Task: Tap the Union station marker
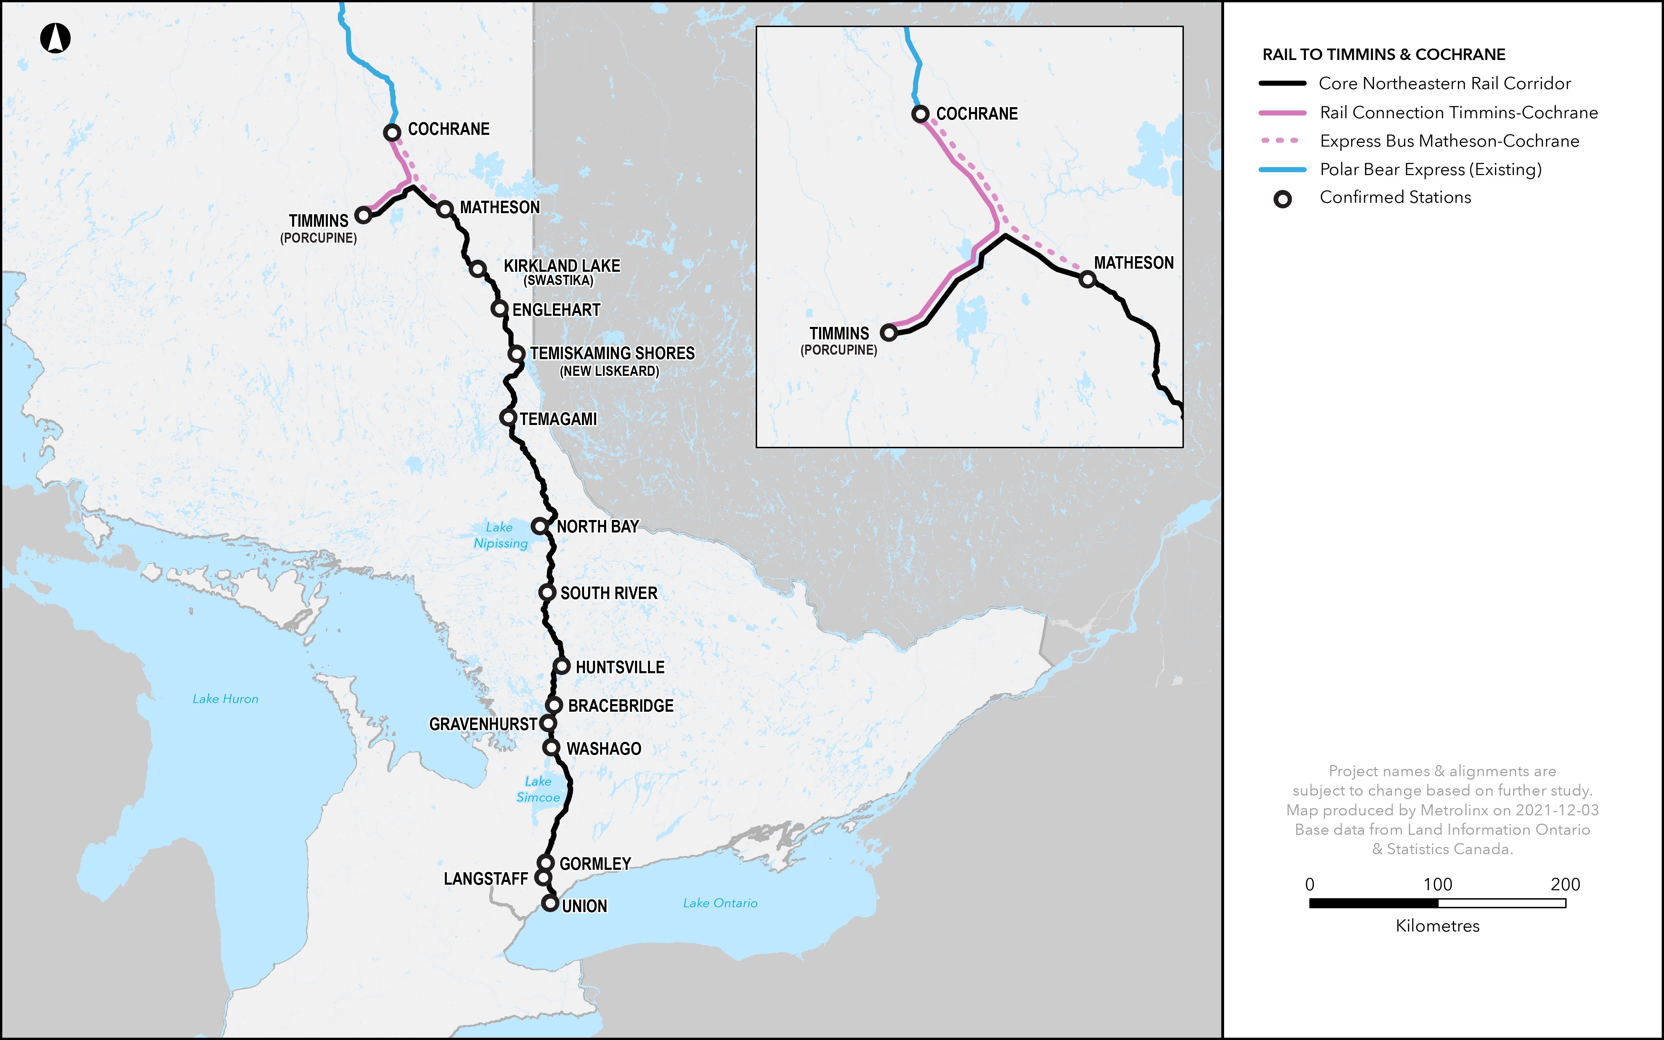tap(549, 903)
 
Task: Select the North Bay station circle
tap(540, 526)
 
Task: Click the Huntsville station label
tap(619, 667)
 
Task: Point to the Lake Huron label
tap(226, 699)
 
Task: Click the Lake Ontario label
tap(720, 903)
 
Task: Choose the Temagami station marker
tap(508, 417)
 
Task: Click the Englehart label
tap(556, 310)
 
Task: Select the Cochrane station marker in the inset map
tap(920, 113)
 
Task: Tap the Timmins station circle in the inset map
tap(889, 333)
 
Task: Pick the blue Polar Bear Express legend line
tap(1282, 169)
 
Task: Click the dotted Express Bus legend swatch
tap(1282, 141)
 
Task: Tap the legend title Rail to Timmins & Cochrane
tap(1384, 54)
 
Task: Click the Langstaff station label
tap(485, 879)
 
